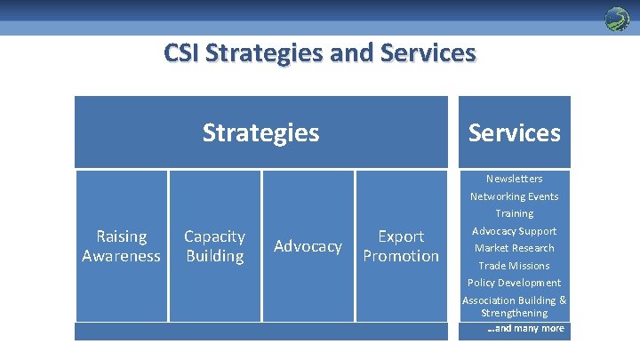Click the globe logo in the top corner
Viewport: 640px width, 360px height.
click(x=616, y=19)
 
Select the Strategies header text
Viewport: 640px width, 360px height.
click(x=260, y=132)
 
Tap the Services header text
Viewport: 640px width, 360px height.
click(x=514, y=132)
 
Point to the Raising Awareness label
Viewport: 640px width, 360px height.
click(x=121, y=246)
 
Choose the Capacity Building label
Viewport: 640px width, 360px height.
click(x=214, y=246)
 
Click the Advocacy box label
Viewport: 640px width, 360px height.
click(x=308, y=246)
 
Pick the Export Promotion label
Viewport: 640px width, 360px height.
click(x=401, y=246)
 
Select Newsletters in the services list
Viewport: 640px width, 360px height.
click(x=514, y=179)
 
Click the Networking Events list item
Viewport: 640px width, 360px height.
click(x=514, y=196)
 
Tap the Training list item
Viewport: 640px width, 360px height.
click(x=514, y=213)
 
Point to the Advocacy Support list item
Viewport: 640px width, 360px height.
click(x=514, y=231)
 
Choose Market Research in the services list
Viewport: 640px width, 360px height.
click(x=514, y=248)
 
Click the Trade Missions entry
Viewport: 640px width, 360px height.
click(x=514, y=266)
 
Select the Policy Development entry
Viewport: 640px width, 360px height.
click(x=514, y=283)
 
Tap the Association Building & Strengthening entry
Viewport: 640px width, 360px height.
click(x=514, y=307)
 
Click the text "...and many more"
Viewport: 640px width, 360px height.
click(x=525, y=329)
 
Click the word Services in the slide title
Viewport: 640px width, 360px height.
click(x=428, y=53)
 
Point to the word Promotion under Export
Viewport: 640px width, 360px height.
click(x=401, y=256)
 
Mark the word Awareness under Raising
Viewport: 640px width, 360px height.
click(x=121, y=256)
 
